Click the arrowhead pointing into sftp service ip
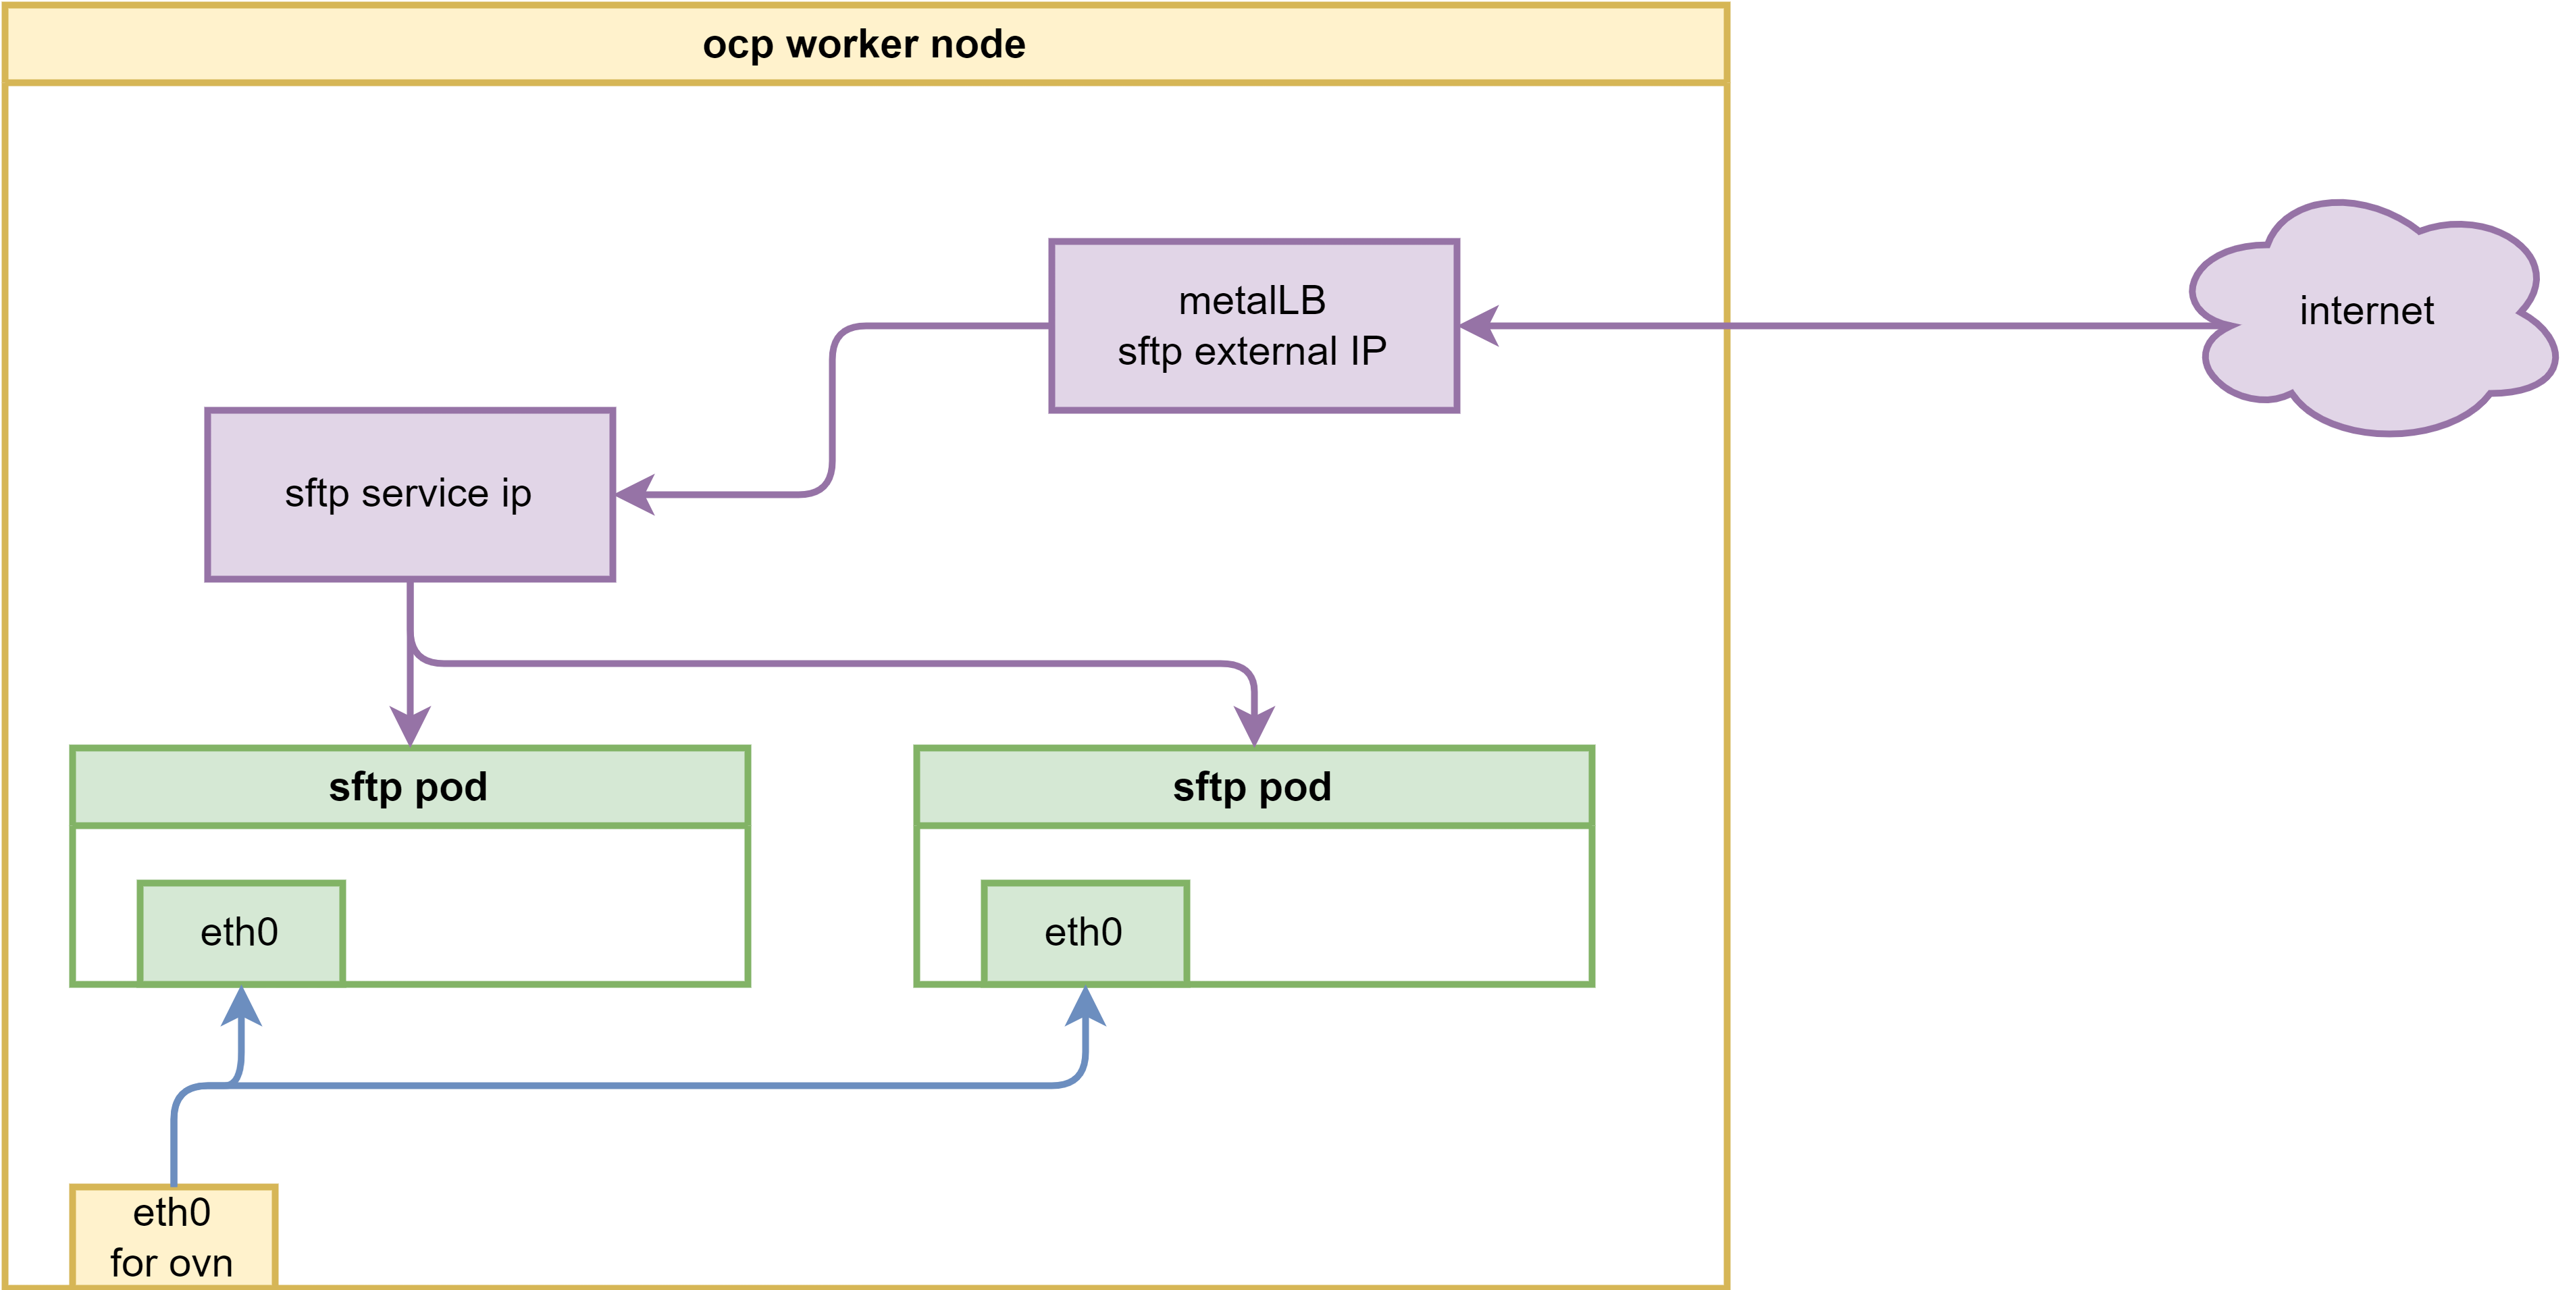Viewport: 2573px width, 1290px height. pyautogui.click(x=635, y=494)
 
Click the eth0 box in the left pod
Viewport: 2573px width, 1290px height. pyautogui.click(x=240, y=932)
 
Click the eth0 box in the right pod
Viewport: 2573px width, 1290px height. pyautogui.click(x=1085, y=932)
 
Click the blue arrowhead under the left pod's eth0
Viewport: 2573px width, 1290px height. pyautogui.click(x=240, y=1006)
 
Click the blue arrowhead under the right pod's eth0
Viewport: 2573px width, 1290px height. pyautogui.click(x=1086, y=1006)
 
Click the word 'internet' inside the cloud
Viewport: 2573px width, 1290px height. pyautogui.click(x=2366, y=311)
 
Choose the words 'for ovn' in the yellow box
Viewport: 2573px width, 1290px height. pyautogui.click(x=171, y=1263)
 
